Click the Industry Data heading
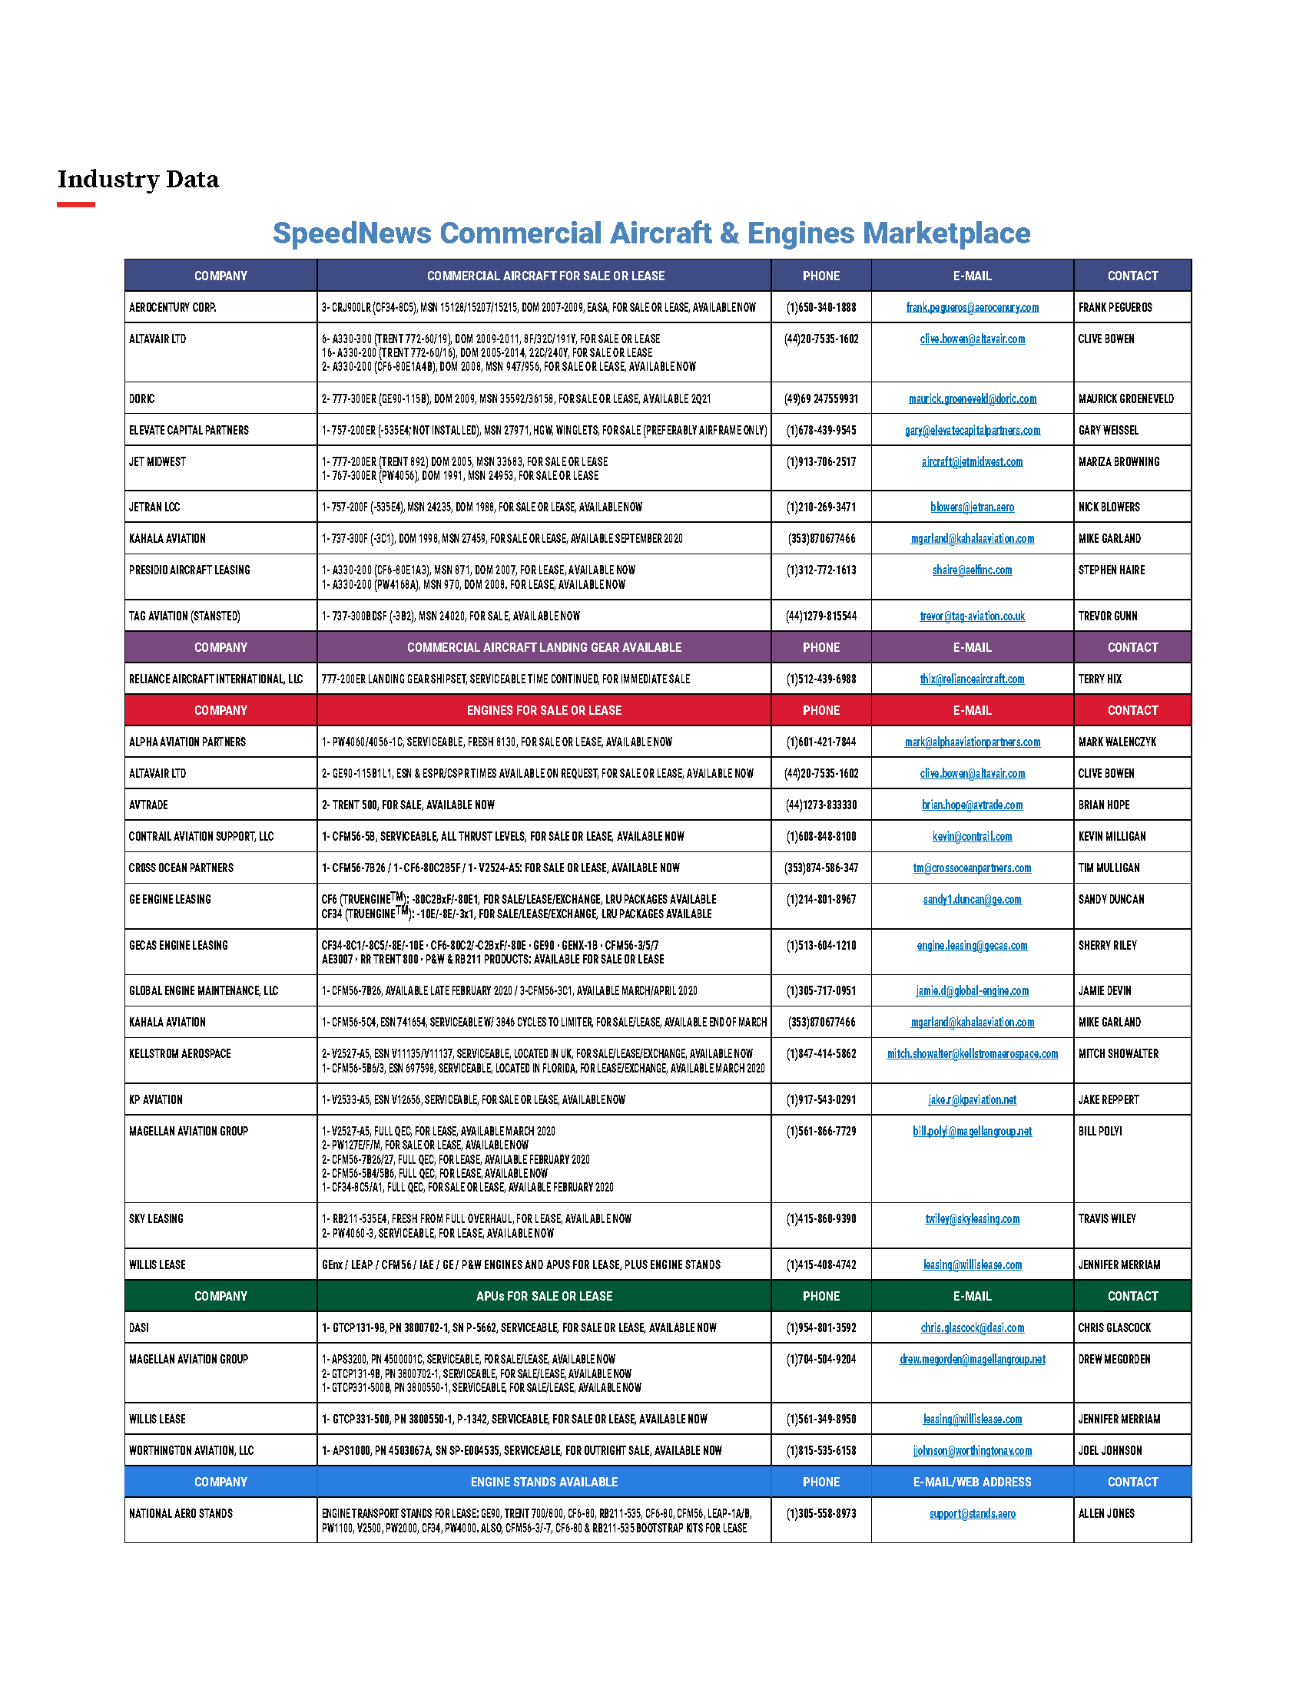point(138,180)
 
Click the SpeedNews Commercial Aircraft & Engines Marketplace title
point(651,233)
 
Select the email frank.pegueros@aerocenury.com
point(972,308)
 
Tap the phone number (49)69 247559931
point(821,399)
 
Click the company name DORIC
point(141,399)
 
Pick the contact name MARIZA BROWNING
point(1119,461)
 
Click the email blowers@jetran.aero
point(972,507)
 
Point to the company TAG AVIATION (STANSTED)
point(184,616)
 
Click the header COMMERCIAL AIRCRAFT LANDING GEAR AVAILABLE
point(544,647)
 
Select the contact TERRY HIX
point(1099,679)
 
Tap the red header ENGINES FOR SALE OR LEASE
point(544,710)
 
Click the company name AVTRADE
point(148,805)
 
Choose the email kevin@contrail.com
point(972,837)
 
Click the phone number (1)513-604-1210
point(821,946)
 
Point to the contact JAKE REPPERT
point(1109,1099)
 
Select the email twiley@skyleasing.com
point(972,1219)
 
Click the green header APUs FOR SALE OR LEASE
point(544,1296)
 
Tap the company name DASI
point(139,1328)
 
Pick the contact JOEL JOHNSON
point(1109,1451)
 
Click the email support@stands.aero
point(972,1513)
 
